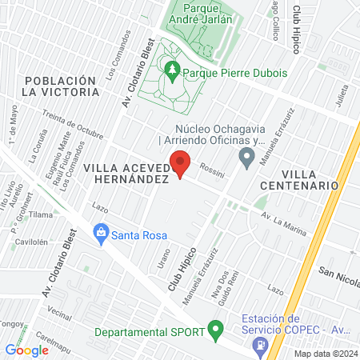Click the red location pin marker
pos(182,164)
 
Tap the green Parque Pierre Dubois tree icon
pos(172,70)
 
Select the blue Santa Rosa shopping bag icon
pos(101,234)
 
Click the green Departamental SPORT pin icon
pos(214,329)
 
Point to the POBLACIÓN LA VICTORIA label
pos(62,86)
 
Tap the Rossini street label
pos(212,170)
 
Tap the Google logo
pos(26,350)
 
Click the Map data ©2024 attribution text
pos(326,354)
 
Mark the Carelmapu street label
pos(56,341)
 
